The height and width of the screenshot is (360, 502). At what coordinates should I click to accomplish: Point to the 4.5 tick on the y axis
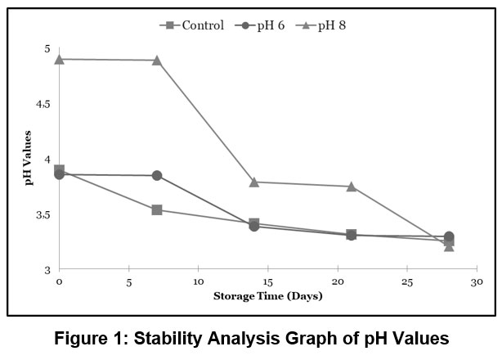43,104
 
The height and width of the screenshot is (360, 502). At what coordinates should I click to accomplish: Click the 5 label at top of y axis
47,48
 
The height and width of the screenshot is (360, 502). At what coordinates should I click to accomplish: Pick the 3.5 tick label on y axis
43,214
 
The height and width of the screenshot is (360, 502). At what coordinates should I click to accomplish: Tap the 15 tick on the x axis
267,281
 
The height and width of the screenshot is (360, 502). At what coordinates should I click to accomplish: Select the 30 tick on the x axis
477,281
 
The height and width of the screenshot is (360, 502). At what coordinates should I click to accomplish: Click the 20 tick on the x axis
338,281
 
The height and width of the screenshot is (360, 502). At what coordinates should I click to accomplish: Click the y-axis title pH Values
28,157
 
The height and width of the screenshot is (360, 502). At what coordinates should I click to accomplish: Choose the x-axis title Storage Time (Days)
268,295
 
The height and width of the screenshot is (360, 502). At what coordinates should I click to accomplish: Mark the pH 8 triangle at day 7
156,60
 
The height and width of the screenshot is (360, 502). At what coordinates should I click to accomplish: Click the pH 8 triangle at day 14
253,182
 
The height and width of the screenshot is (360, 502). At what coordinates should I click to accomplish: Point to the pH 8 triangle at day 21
352,186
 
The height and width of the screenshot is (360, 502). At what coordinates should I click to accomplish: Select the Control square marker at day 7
156,209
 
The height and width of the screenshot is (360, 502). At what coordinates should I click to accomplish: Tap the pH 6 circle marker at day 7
156,175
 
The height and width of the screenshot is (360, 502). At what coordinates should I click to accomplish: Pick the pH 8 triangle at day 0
59,59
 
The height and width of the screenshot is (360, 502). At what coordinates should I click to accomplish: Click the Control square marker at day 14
253,223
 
